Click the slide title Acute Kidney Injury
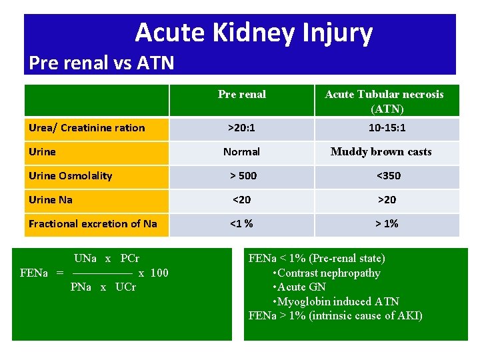[253, 32]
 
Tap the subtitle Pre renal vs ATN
[101, 63]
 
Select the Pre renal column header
[241, 95]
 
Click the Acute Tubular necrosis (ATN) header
[384, 101]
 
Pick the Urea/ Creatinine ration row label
[87, 128]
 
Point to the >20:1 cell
[241, 128]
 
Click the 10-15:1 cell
[387, 128]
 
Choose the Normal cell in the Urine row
[241, 152]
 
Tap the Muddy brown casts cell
[381, 152]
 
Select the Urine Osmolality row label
[71, 176]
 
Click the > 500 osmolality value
[243, 176]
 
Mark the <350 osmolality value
[388, 176]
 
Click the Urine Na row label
[51, 200]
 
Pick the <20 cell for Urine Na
[241, 200]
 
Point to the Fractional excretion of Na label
[93, 224]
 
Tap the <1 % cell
[241, 224]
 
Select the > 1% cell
[387, 224]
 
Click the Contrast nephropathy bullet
[327, 273]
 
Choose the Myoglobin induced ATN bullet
[337, 302]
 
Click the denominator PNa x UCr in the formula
[103, 287]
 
